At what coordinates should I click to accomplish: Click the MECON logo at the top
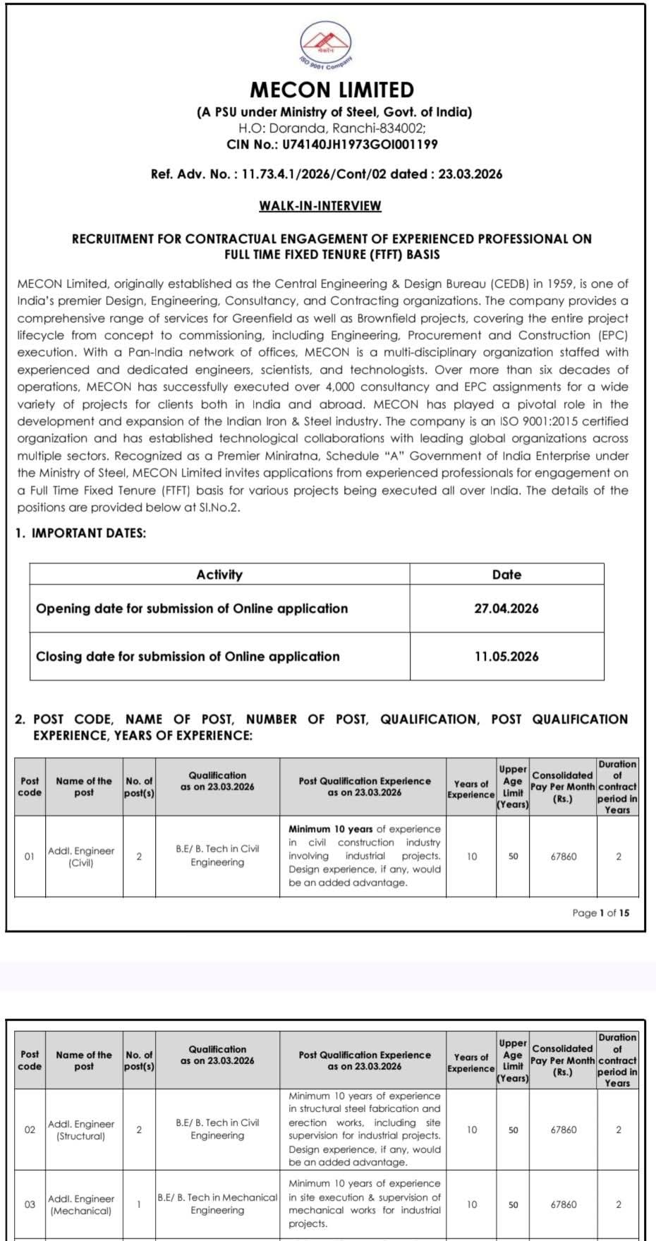pyautogui.click(x=326, y=44)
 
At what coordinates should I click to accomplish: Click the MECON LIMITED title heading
pyautogui.click(x=332, y=90)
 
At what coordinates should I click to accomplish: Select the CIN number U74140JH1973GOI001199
pyautogui.click(x=360, y=145)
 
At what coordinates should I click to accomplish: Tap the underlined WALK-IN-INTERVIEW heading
pyautogui.click(x=320, y=206)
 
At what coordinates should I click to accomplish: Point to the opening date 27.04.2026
pyautogui.click(x=506, y=609)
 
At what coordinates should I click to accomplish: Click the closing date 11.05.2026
pyautogui.click(x=506, y=657)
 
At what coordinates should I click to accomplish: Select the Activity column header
pyautogui.click(x=219, y=575)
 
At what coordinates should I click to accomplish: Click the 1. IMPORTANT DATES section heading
pyautogui.click(x=80, y=533)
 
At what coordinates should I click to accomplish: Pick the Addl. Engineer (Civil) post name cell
pyautogui.click(x=81, y=856)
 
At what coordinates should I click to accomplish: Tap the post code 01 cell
pyautogui.click(x=30, y=856)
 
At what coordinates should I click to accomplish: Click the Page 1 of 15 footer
pyautogui.click(x=600, y=913)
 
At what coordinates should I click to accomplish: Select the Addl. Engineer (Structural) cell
pyautogui.click(x=81, y=1130)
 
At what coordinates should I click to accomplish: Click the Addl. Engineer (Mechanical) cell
pyautogui.click(x=81, y=1204)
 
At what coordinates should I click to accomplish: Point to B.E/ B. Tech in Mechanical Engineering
pyautogui.click(x=217, y=1204)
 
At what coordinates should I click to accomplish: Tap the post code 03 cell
pyautogui.click(x=30, y=1204)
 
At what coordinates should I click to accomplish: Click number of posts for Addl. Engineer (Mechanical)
pyautogui.click(x=139, y=1204)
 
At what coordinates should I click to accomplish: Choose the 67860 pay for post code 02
pyautogui.click(x=563, y=1130)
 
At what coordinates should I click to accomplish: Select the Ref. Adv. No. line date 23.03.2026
pyautogui.click(x=470, y=174)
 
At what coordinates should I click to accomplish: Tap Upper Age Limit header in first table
pyautogui.click(x=513, y=787)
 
